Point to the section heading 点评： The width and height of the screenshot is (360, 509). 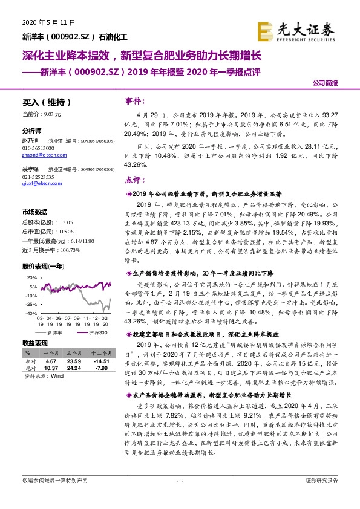point(137,179)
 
